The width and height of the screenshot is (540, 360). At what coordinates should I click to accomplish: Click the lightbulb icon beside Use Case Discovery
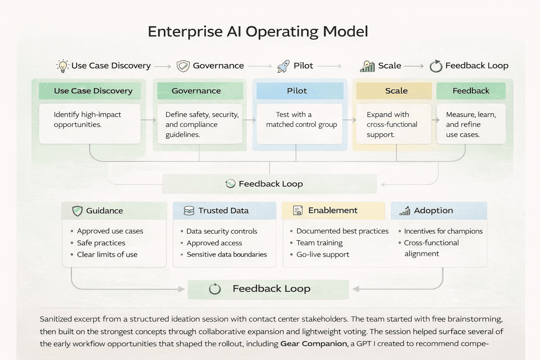[x=63, y=66]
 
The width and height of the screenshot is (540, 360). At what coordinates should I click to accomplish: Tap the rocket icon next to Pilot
[x=283, y=66]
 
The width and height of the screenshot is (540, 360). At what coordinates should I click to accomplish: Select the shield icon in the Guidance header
[x=77, y=211]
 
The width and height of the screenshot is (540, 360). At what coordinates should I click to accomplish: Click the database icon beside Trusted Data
[x=189, y=211]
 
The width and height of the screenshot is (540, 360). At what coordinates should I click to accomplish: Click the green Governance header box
[x=200, y=91]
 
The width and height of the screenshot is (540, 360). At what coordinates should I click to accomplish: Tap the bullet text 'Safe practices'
[x=101, y=243]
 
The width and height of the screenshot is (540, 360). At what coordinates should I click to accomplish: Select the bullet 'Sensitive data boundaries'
[x=227, y=255]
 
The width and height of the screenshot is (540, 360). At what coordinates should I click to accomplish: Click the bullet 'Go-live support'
[x=323, y=255]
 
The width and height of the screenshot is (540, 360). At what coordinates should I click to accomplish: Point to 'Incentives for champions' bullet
[x=443, y=231]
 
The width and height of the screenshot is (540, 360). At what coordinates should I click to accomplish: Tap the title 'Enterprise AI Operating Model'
[x=258, y=32]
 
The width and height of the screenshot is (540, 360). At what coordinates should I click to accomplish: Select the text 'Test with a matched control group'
[x=301, y=120]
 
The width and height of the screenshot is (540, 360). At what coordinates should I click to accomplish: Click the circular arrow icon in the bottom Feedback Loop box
[x=215, y=289]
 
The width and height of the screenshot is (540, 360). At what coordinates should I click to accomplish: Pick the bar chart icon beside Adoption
[x=405, y=211]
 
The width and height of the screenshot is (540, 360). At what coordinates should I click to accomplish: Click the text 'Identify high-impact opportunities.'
[x=87, y=120]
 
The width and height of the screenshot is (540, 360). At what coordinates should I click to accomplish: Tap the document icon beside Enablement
[x=297, y=211]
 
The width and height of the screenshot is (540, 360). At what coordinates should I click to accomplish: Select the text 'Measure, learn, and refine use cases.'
[x=470, y=124]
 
